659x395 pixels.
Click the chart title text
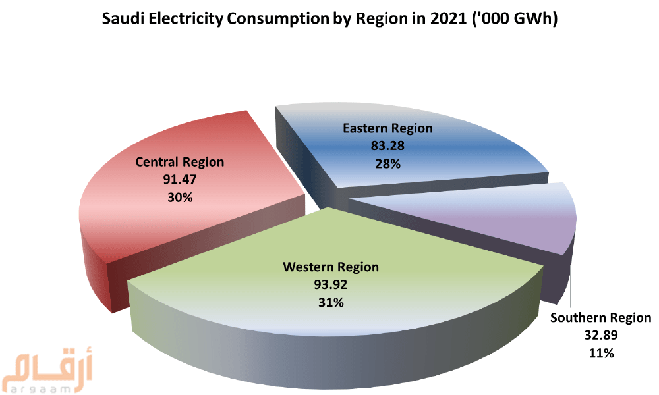(329, 20)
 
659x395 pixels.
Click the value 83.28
(387, 145)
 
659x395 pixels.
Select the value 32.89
(600, 336)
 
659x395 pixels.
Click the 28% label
(387, 163)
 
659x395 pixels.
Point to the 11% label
(600, 354)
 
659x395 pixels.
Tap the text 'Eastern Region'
(387, 128)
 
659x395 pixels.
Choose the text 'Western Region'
(331, 267)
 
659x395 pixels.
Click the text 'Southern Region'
(600, 319)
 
